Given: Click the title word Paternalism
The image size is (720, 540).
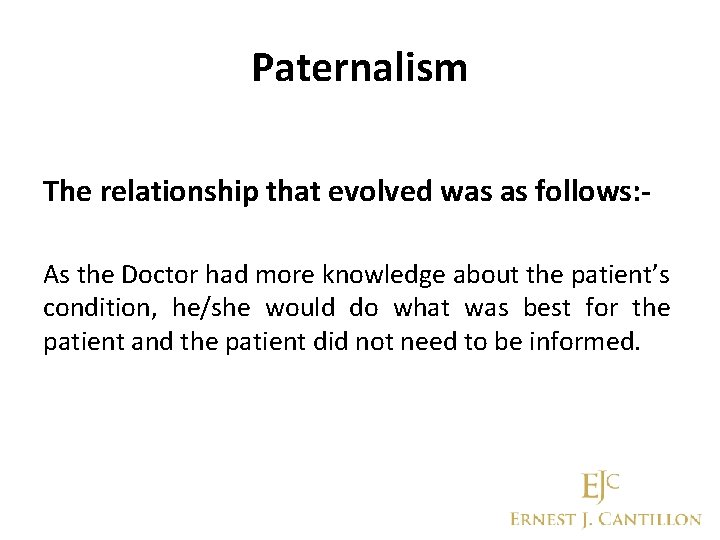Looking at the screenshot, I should click(x=359, y=68).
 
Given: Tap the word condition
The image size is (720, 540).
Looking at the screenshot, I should click(x=89, y=307).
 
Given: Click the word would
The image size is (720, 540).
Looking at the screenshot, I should click(x=298, y=307).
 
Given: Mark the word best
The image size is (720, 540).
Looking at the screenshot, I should click(x=546, y=307).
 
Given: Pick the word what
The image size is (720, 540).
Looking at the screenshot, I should click(x=421, y=307).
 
